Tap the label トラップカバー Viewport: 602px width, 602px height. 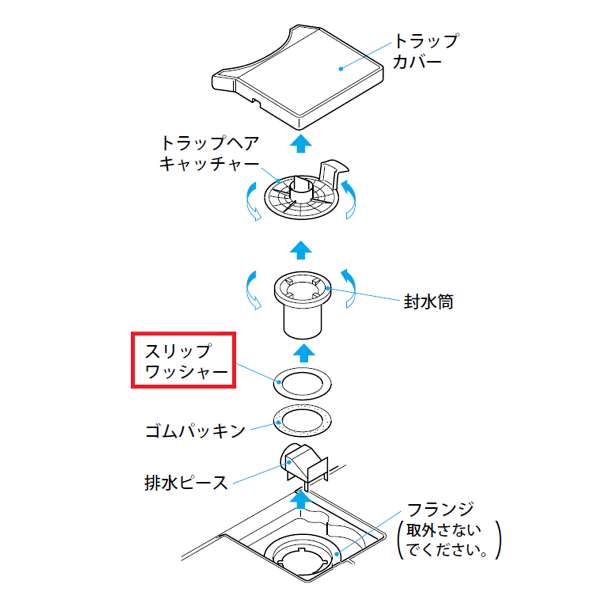pos(425,51)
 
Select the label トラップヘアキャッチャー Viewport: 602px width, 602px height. pos(209,154)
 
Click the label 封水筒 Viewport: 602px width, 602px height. pos(428,302)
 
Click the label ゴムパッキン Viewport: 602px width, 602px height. pos(195,432)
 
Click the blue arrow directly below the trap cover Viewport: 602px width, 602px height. pos(301,144)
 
